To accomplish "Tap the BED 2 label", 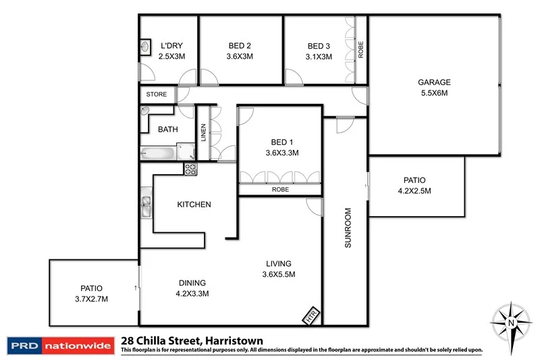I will (x=240, y=46).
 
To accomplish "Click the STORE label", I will (x=156, y=95).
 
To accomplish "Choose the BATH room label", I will (x=168, y=129).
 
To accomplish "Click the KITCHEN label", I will (x=194, y=204).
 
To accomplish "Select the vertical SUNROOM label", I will (x=348, y=228).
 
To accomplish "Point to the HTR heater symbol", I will (x=310, y=315).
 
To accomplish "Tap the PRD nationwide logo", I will (x=59, y=345).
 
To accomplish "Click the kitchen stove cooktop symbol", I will (x=190, y=170).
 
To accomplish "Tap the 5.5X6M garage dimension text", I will (x=433, y=94).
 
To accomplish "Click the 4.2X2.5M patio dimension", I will (x=414, y=191).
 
